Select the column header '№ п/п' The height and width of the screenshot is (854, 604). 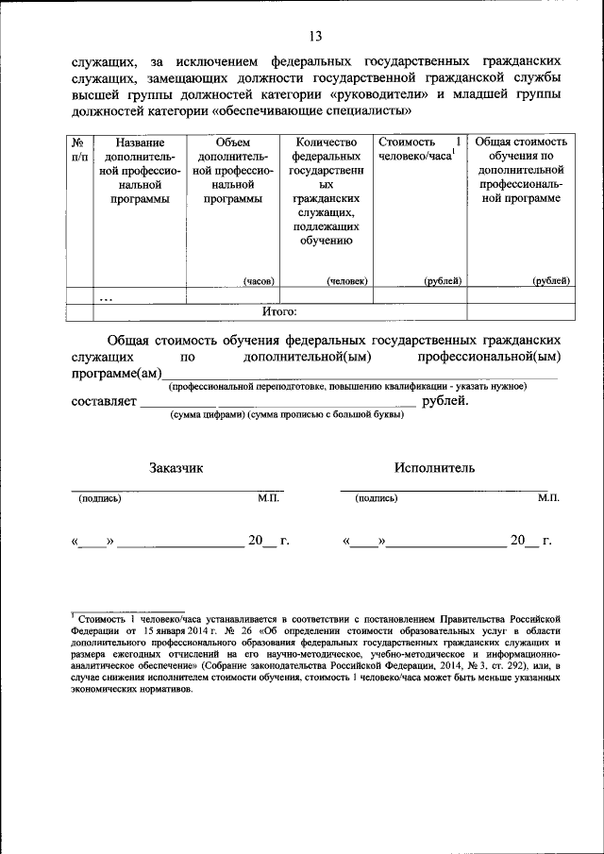[81, 148]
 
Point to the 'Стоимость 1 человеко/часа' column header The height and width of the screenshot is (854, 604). [420, 149]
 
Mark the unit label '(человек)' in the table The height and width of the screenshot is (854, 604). [346, 281]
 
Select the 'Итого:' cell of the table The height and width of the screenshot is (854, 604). [279, 311]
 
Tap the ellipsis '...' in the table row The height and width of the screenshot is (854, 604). [106, 296]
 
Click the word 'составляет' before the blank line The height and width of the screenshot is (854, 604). [104, 402]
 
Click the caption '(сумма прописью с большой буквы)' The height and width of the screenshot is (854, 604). [326, 415]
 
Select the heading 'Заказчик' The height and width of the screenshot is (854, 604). [176, 467]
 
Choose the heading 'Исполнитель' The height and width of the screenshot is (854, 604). [435, 467]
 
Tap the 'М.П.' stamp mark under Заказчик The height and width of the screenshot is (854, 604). [268, 498]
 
